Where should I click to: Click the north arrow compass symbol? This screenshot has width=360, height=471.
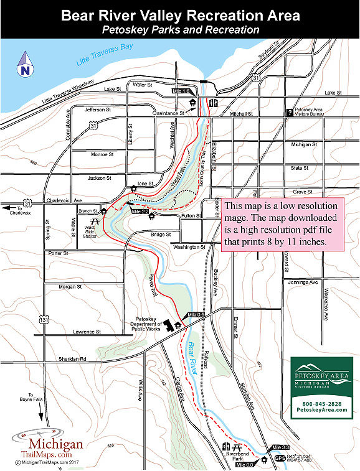(24, 62)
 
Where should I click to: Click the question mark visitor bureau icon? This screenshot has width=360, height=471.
(289, 113)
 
